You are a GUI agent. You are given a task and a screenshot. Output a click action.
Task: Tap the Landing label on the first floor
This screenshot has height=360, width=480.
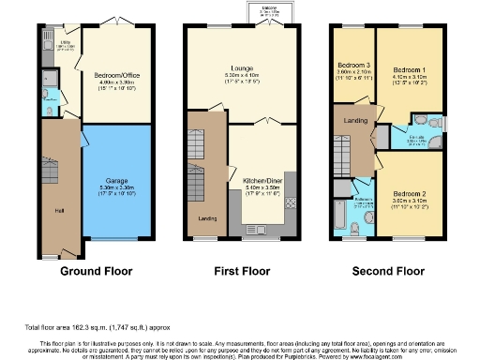pyautogui.click(x=207, y=219)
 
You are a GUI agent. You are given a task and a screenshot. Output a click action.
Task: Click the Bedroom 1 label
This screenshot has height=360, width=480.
pyautogui.click(x=410, y=70)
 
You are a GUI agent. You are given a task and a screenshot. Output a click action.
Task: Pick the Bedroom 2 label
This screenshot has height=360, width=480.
pyautogui.click(x=410, y=194)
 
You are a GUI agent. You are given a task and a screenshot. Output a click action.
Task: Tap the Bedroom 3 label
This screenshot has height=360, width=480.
pyautogui.click(x=353, y=65)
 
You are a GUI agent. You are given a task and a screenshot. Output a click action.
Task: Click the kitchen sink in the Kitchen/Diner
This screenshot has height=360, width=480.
pyautogui.click(x=256, y=228)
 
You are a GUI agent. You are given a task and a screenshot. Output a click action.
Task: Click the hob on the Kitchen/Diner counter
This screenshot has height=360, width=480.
pyautogui.click(x=292, y=202)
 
